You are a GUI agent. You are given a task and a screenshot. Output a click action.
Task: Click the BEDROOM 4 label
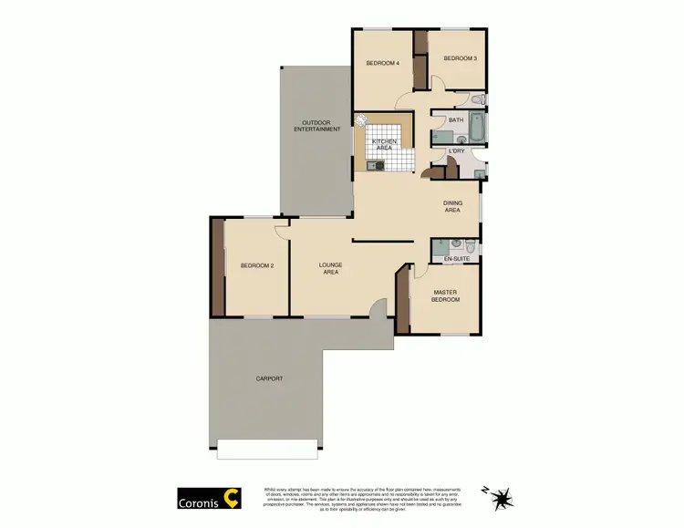(x=382, y=63)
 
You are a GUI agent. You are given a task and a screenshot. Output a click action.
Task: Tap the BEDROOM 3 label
(x=461, y=58)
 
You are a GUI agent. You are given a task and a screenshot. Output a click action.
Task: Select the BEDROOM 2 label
(x=257, y=265)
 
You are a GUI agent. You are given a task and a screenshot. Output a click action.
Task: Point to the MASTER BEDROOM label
(x=446, y=295)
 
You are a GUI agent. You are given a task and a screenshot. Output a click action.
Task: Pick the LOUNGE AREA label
(x=329, y=268)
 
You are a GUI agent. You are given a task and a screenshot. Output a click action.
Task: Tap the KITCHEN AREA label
(x=384, y=144)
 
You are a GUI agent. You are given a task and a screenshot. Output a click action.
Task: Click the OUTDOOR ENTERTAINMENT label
(x=316, y=126)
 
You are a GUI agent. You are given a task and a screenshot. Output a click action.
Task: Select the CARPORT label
(x=269, y=378)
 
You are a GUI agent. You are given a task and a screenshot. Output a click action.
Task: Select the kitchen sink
(x=375, y=165)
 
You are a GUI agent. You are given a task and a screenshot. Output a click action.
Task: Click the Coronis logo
(x=209, y=499)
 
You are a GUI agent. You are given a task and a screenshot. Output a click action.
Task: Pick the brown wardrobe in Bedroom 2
(x=218, y=266)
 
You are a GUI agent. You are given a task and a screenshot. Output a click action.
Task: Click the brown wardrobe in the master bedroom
(x=402, y=301)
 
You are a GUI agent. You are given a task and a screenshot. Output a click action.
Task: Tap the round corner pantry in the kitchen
(x=361, y=119)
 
